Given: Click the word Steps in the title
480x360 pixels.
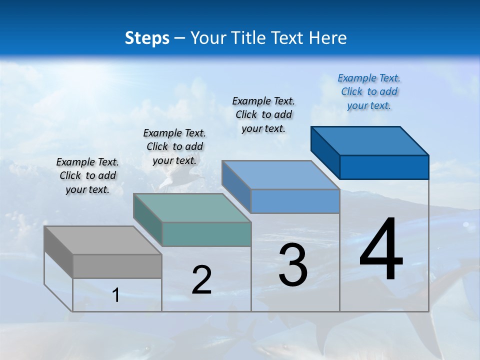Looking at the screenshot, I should (x=147, y=38).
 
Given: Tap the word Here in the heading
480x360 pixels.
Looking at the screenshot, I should (x=327, y=38).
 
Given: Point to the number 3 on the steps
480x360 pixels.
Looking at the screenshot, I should (x=293, y=265).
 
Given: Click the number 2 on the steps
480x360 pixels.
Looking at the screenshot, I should (x=201, y=280).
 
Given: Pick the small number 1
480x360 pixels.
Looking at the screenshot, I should (x=115, y=295).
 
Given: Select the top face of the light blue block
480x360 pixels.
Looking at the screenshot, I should (x=280, y=175).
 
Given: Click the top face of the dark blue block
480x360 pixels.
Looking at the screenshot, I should (x=369, y=140).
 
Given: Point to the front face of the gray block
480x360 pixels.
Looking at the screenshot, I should (x=117, y=266).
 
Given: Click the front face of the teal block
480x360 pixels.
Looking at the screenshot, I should (x=206, y=234).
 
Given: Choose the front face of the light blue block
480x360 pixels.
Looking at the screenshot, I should (x=295, y=201).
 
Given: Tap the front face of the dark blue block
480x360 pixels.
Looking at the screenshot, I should (x=384, y=167).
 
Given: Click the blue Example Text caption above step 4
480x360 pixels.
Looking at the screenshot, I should (x=369, y=91).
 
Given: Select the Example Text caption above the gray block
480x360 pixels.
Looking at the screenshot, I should (x=87, y=175).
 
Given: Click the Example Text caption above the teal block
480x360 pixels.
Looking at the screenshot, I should (x=174, y=146).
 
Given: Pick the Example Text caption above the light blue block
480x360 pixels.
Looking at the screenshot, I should (x=263, y=114).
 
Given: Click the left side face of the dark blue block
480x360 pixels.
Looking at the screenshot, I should (x=325, y=150).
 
